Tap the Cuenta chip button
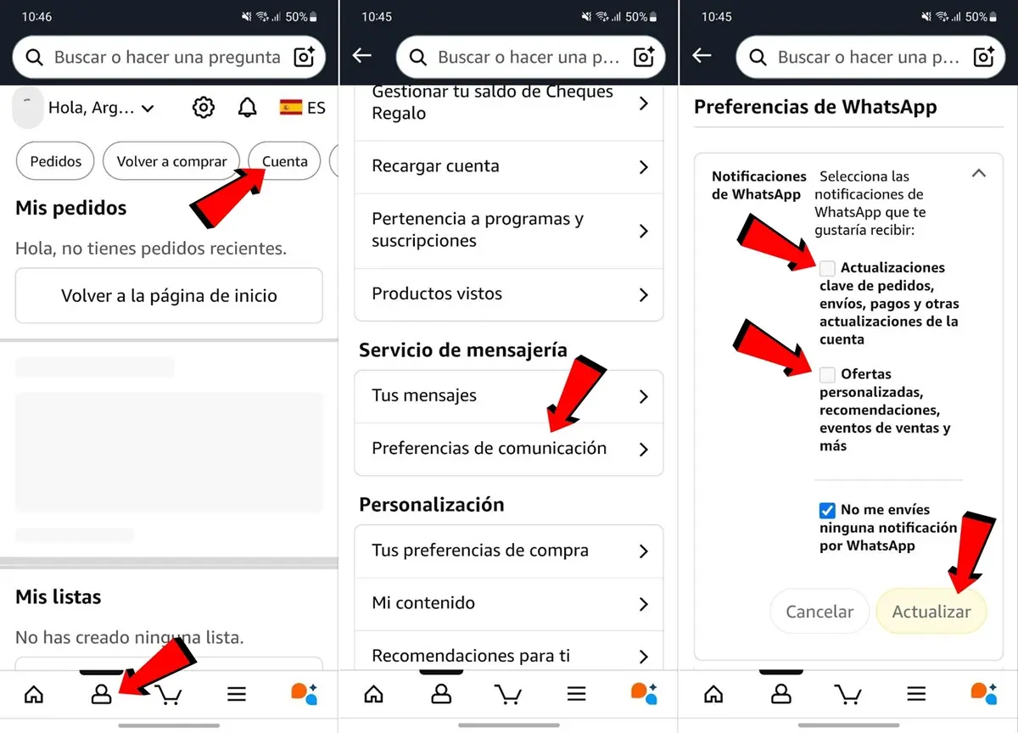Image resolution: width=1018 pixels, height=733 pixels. click(x=284, y=161)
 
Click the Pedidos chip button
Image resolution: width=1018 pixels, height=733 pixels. click(x=56, y=161)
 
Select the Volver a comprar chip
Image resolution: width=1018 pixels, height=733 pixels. click(x=171, y=161)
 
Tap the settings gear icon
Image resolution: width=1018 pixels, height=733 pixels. click(x=204, y=108)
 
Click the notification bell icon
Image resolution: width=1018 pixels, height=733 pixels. click(x=247, y=108)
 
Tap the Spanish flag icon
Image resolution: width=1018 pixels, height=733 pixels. click(x=291, y=108)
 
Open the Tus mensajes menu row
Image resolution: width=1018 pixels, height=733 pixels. click(x=508, y=396)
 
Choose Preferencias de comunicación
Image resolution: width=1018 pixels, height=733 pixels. click(x=508, y=449)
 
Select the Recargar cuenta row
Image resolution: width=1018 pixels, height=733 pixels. click(x=508, y=166)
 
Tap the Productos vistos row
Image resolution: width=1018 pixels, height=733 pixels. click(x=508, y=294)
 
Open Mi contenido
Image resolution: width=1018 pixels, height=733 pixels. click(x=508, y=603)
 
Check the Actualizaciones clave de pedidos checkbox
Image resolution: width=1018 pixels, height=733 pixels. click(x=827, y=268)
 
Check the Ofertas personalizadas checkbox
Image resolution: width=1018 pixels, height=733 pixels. click(x=827, y=374)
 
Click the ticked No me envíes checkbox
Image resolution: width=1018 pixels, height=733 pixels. click(x=827, y=510)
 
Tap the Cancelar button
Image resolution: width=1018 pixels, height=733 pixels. click(x=819, y=612)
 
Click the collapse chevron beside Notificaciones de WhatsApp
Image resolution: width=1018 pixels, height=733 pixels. click(x=978, y=173)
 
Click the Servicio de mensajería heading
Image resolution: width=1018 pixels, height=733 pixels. click(x=462, y=350)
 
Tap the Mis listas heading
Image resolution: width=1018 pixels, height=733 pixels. click(x=59, y=597)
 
